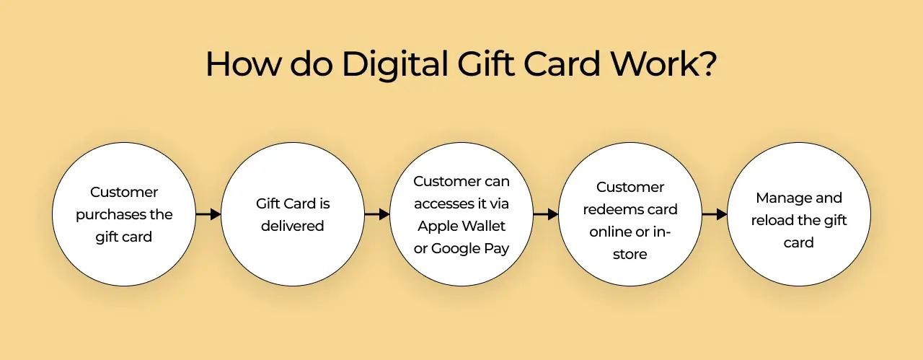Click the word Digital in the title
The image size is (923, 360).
(x=394, y=65)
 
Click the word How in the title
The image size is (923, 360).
(x=242, y=63)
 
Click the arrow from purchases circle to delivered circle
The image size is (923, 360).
(x=208, y=214)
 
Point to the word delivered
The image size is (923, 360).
(x=293, y=226)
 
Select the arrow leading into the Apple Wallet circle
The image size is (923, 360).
(x=377, y=214)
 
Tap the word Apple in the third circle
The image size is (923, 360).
(x=436, y=227)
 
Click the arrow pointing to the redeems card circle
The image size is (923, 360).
(x=546, y=214)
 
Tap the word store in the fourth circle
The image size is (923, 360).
(x=630, y=254)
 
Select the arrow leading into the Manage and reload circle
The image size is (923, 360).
(x=715, y=214)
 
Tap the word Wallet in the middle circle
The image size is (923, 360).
(x=482, y=226)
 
